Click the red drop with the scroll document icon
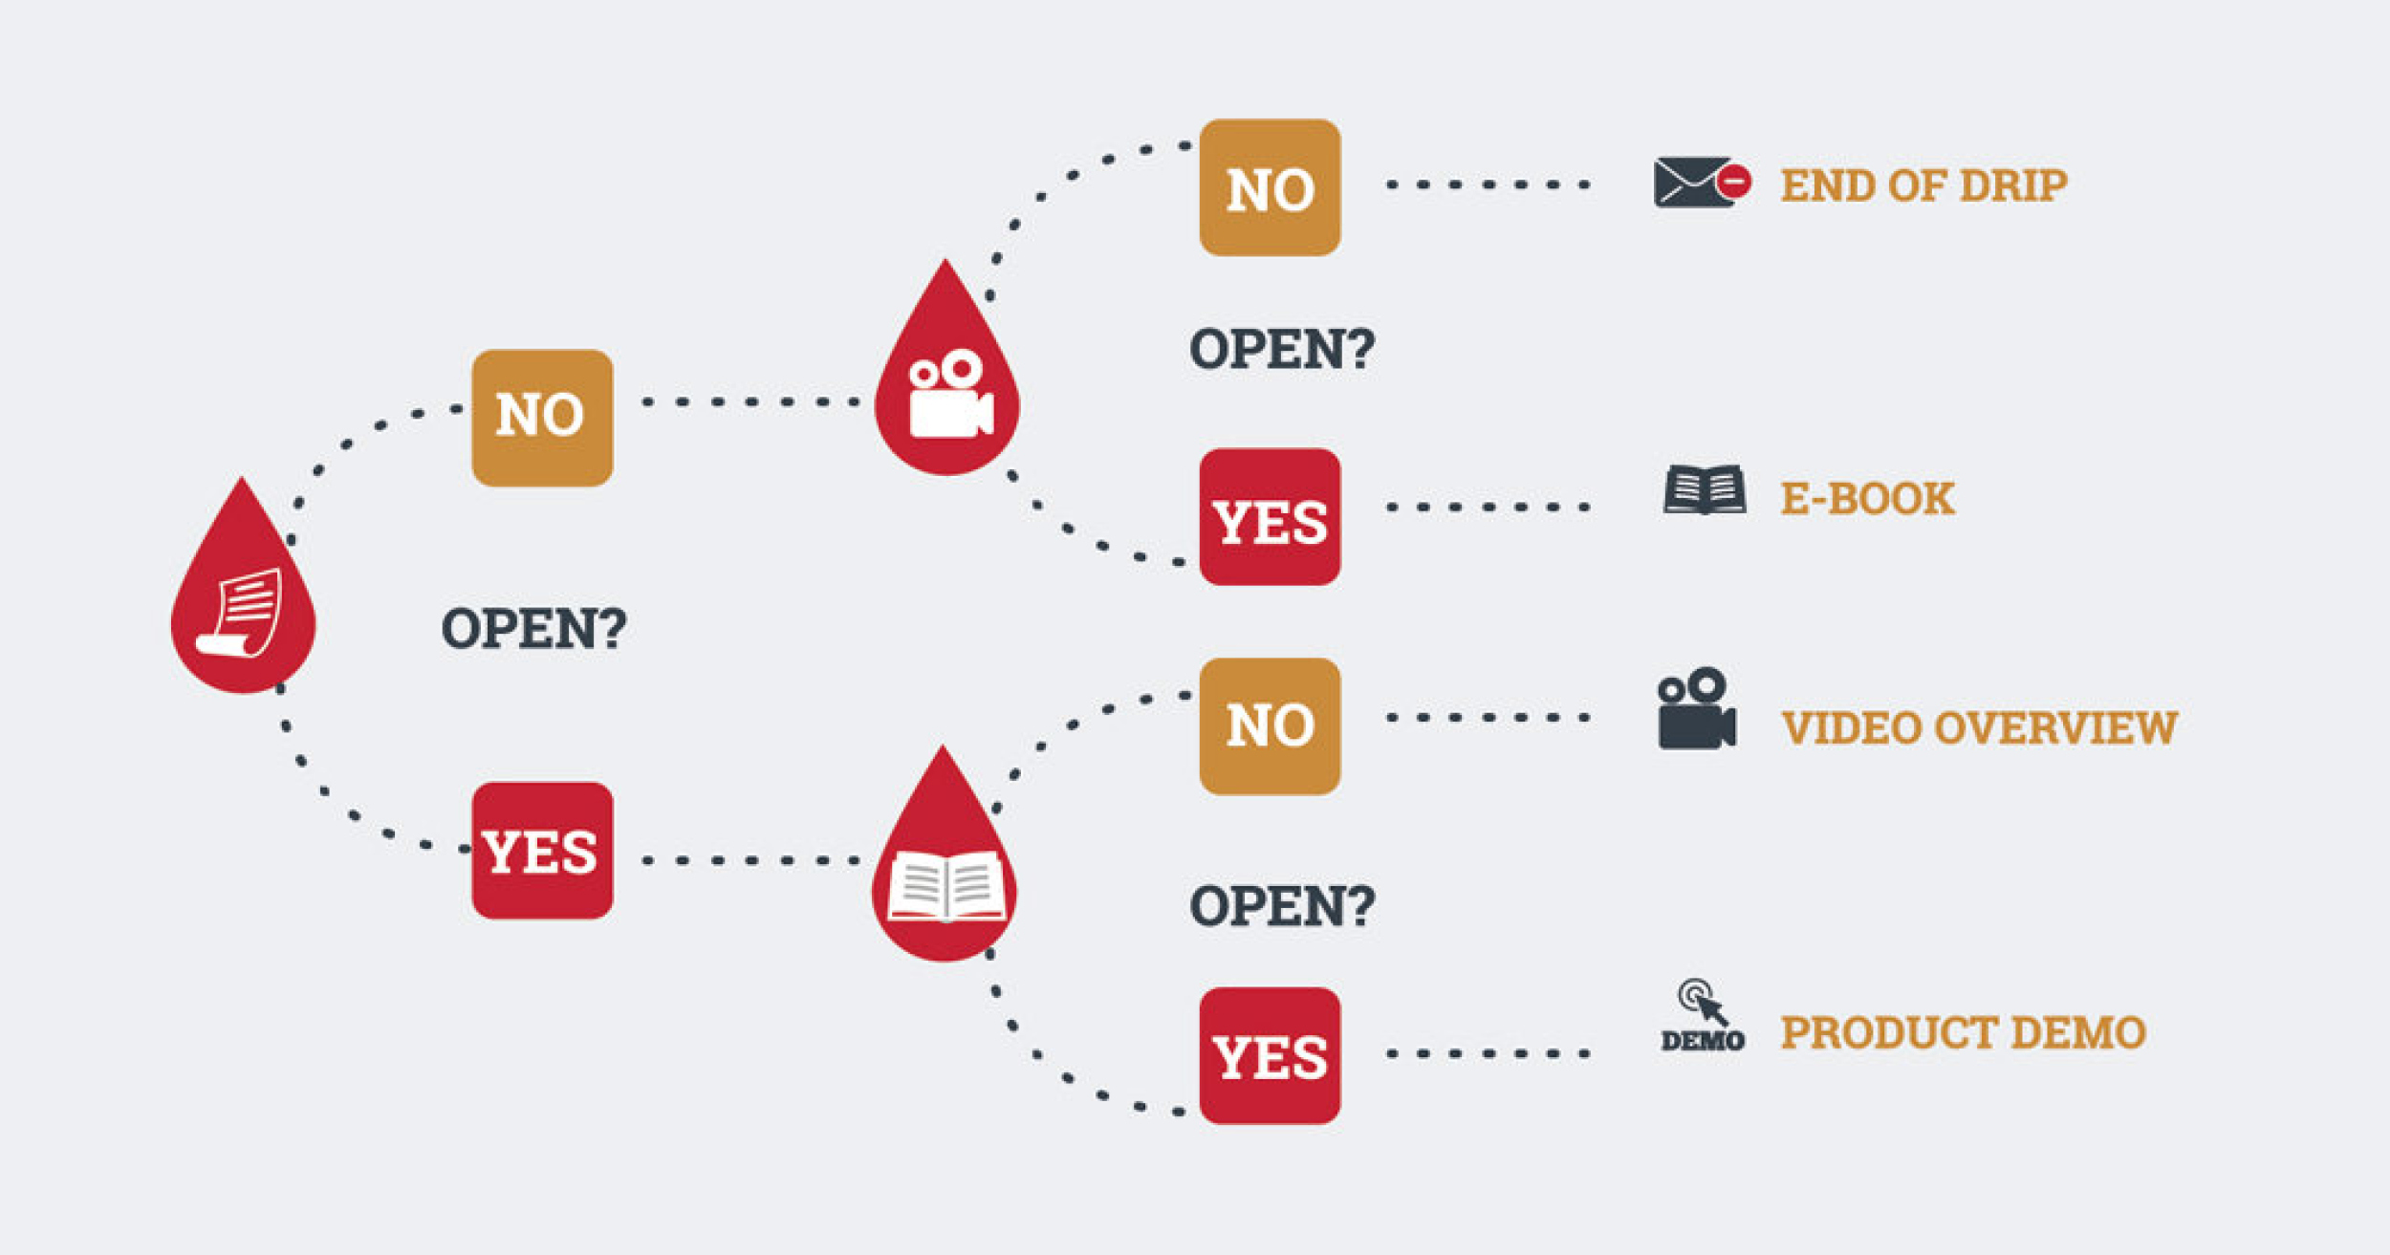(243, 602)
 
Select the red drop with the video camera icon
(947, 387)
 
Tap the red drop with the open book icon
(945, 875)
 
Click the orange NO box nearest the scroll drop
(542, 418)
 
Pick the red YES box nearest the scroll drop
(542, 851)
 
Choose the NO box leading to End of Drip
(1270, 187)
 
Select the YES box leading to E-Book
(1270, 517)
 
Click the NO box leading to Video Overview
(1270, 726)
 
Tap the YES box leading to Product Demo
(1270, 1055)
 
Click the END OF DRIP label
(1923, 185)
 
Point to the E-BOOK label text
(1867, 499)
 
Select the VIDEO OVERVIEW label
(1978, 728)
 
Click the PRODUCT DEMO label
(1963, 1033)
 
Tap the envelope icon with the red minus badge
(1701, 183)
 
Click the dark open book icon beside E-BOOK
(1704, 490)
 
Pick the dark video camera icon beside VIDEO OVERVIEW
(1696, 709)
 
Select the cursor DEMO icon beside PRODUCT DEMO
(1703, 1016)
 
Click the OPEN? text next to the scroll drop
(533, 629)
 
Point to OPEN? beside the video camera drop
(1281, 349)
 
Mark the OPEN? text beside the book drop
(1281, 906)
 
